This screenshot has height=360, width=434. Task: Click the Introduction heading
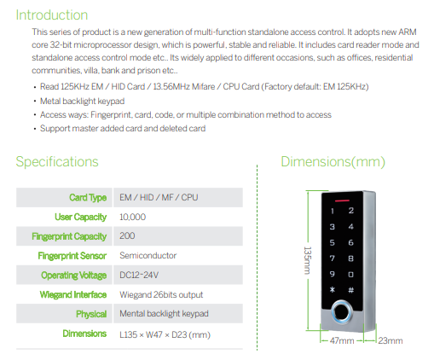[x=52, y=15]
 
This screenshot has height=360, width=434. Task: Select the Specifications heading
[x=57, y=162]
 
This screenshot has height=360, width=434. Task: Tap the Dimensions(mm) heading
[x=333, y=162]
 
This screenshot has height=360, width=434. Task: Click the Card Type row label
[x=88, y=198]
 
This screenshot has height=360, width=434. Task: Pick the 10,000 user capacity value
[x=132, y=217]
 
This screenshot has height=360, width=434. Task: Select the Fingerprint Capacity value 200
[x=127, y=235]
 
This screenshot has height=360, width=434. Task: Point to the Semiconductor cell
[x=148, y=255]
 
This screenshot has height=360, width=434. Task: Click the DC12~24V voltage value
[x=139, y=275]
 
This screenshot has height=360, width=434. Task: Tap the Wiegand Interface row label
[x=73, y=294]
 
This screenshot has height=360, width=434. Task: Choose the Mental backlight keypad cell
[x=164, y=314]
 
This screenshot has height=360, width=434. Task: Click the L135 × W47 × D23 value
[x=165, y=334]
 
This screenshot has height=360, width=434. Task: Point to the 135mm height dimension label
[x=308, y=260]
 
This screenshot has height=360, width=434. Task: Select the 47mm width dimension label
[x=342, y=340]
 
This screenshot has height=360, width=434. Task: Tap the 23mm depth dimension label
[x=391, y=340]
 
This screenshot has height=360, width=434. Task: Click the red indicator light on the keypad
[x=342, y=200]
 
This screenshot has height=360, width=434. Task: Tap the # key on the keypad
[x=351, y=290]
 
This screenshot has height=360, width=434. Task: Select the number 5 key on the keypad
[x=332, y=242]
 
